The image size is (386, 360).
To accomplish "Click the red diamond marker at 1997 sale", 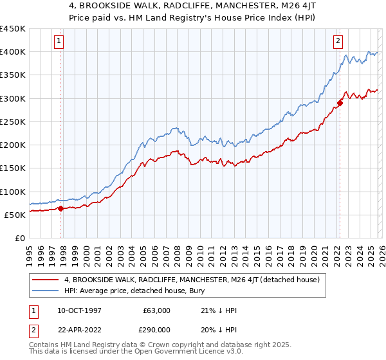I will coord(60,208).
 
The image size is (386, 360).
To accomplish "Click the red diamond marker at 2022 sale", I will coord(340,103).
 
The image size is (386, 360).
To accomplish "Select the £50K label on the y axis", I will coord(15,215).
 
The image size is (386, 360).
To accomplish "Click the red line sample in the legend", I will coord(46,280).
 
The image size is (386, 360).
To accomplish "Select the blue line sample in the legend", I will coord(46,291).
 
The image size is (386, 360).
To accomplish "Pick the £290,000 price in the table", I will coord(157,328).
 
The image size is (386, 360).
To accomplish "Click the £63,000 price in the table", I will coord(157,310).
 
